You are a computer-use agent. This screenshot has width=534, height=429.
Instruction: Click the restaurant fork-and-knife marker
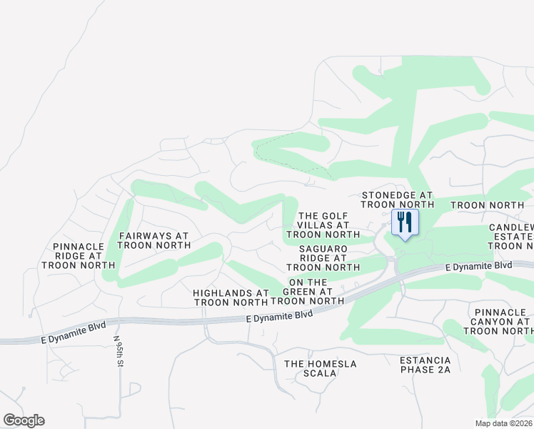point(404,223)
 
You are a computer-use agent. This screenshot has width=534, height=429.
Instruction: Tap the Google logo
point(24,420)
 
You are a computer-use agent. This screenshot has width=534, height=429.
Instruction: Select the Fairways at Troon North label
point(154,240)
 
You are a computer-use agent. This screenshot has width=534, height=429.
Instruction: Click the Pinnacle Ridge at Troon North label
point(79,255)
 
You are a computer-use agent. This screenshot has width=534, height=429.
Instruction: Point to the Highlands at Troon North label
point(231,297)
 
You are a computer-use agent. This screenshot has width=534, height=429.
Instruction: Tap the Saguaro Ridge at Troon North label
point(323,257)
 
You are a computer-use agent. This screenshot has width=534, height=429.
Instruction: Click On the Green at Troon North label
point(313,292)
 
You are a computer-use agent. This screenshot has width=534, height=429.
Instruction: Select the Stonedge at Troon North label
point(397,199)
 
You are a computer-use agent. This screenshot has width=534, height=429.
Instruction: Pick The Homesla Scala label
point(320,368)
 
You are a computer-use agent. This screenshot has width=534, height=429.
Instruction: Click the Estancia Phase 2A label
point(425,365)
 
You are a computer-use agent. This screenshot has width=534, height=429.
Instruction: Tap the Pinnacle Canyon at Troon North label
point(502,321)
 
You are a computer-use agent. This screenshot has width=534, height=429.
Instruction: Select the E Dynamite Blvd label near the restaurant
point(478,266)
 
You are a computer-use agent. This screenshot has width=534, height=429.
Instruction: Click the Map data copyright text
point(503,423)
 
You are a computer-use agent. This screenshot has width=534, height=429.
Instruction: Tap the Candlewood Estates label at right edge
point(511,237)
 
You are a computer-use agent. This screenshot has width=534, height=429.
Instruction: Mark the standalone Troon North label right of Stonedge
point(488,205)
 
